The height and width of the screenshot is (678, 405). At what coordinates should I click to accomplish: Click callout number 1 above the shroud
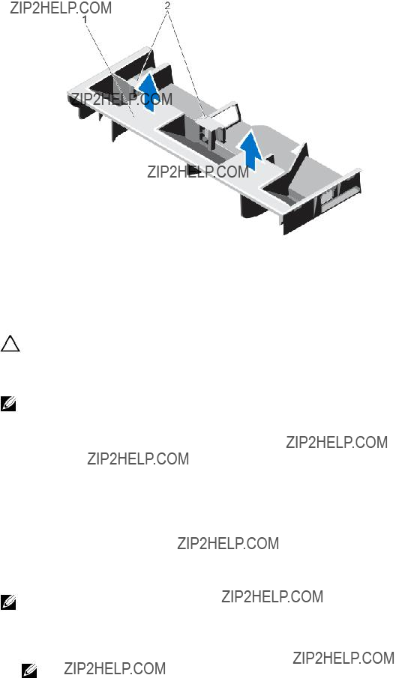(x=85, y=19)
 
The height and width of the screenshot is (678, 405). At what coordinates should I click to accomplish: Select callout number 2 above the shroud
(x=167, y=6)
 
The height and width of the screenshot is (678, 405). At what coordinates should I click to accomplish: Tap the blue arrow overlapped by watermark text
(x=148, y=91)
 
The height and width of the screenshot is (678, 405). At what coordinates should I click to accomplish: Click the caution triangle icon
(x=10, y=344)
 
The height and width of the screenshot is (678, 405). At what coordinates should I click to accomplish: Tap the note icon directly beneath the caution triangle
(x=8, y=404)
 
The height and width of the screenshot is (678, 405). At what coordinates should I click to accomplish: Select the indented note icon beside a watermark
(x=29, y=671)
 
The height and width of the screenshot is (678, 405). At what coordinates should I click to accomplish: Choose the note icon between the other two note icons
(x=8, y=602)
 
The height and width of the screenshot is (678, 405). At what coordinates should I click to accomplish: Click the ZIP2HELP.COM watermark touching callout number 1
(x=61, y=7)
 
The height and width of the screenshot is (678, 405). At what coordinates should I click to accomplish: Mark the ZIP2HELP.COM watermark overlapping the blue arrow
(x=121, y=99)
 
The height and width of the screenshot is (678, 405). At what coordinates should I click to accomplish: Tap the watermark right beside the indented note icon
(x=115, y=668)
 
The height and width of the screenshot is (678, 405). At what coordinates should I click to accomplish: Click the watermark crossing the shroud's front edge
(x=198, y=172)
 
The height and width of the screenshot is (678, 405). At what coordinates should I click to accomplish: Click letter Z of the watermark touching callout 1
(x=13, y=7)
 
